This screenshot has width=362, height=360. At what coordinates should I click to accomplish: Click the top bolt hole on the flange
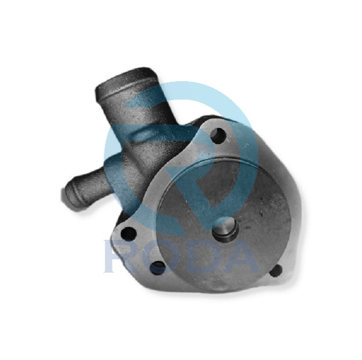pos(218,135)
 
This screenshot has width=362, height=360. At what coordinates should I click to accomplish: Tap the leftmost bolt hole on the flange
pos(128,234)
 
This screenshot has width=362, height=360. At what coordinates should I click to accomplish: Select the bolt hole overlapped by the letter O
pos(158,268)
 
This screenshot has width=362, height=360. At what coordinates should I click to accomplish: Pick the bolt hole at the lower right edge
pos(276,270)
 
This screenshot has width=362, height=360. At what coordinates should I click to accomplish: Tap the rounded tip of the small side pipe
pos(67,194)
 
